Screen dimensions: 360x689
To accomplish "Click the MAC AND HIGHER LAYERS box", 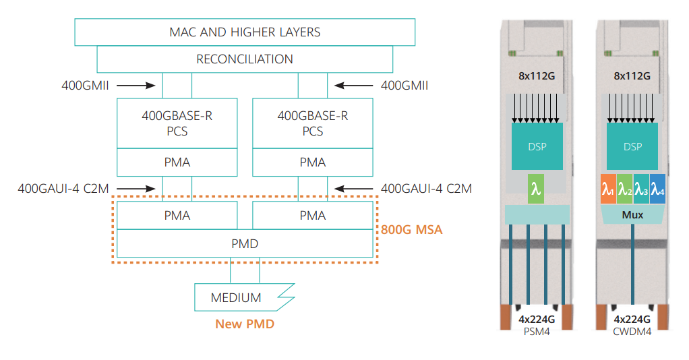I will point(245,32).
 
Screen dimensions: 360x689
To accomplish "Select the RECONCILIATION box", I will point(245,59).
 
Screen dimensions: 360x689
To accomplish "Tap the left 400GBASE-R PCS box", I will point(177,123).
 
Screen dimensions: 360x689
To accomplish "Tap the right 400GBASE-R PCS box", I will point(313,123).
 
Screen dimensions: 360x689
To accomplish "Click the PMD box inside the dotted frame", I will point(245,243).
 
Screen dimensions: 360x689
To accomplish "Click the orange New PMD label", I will point(245,324).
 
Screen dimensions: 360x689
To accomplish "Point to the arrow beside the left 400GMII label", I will point(140,86).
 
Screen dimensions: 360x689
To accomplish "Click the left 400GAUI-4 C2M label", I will point(63,188).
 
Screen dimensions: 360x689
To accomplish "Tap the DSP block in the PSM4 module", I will point(537,146).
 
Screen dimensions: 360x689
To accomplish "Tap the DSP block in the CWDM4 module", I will point(632,146).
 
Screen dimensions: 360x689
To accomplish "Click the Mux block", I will point(632,216).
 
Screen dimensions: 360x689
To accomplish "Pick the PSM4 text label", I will point(537,332).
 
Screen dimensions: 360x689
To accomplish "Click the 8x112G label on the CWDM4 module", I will point(632,76).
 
